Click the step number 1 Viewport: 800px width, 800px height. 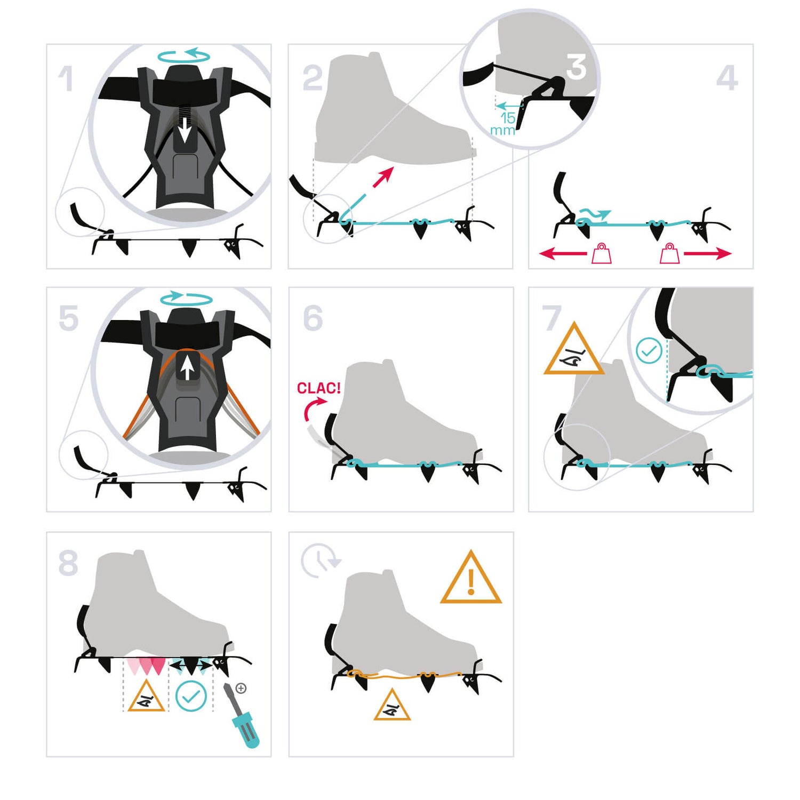click(66, 78)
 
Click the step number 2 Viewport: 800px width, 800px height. click(313, 78)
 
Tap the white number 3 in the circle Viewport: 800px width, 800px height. click(576, 67)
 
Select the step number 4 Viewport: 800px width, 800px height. click(727, 78)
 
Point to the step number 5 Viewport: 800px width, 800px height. click(68, 318)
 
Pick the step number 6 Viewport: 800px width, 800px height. click(313, 318)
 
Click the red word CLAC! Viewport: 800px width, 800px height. click(318, 388)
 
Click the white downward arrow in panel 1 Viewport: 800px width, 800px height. click(184, 130)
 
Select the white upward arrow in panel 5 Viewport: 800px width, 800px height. click(186, 368)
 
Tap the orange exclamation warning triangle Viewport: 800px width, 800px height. click(471, 579)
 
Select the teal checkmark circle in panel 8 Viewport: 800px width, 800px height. click(191, 695)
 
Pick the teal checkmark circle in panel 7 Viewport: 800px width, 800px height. click(649, 351)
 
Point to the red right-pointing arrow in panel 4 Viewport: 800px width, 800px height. click(707, 253)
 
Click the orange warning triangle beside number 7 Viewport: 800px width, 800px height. click(574, 349)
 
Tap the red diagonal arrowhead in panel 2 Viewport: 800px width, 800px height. click(385, 175)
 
